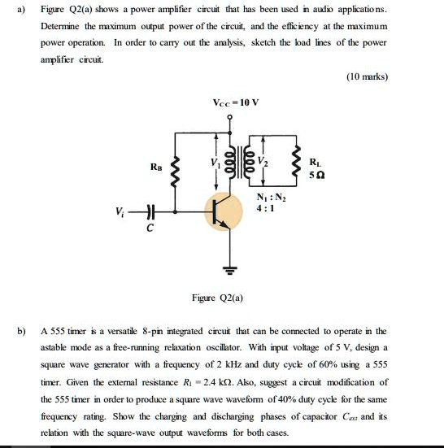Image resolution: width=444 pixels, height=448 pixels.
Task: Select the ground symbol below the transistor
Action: tap(229, 268)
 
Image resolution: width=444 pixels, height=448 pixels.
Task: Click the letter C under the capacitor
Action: tap(149, 229)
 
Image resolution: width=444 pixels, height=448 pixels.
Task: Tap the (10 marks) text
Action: tap(367, 77)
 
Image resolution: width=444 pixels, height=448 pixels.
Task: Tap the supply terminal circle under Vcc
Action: tap(229, 118)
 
